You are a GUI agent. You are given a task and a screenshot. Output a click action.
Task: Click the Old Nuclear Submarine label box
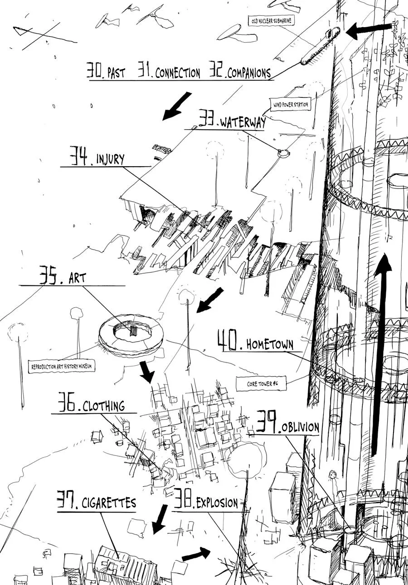[271, 20]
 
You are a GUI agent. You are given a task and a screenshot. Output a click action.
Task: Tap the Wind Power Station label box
[291, 105]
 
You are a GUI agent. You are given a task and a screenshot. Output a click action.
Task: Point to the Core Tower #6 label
[256, 384]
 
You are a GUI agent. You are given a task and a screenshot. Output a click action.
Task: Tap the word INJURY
[110, 160]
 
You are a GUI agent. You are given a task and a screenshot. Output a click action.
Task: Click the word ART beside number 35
[77, 279]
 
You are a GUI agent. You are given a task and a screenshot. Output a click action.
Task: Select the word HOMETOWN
[270, 344]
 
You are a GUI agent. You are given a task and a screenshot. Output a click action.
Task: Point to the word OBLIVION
[300, 428]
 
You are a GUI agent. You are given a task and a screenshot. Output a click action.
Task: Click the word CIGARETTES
[109, 503]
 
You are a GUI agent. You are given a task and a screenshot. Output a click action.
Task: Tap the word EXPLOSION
[217, 503]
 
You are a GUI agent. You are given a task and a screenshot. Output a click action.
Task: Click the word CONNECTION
[177, 73]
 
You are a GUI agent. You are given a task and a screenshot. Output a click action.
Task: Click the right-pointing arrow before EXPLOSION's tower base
[196, 554]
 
